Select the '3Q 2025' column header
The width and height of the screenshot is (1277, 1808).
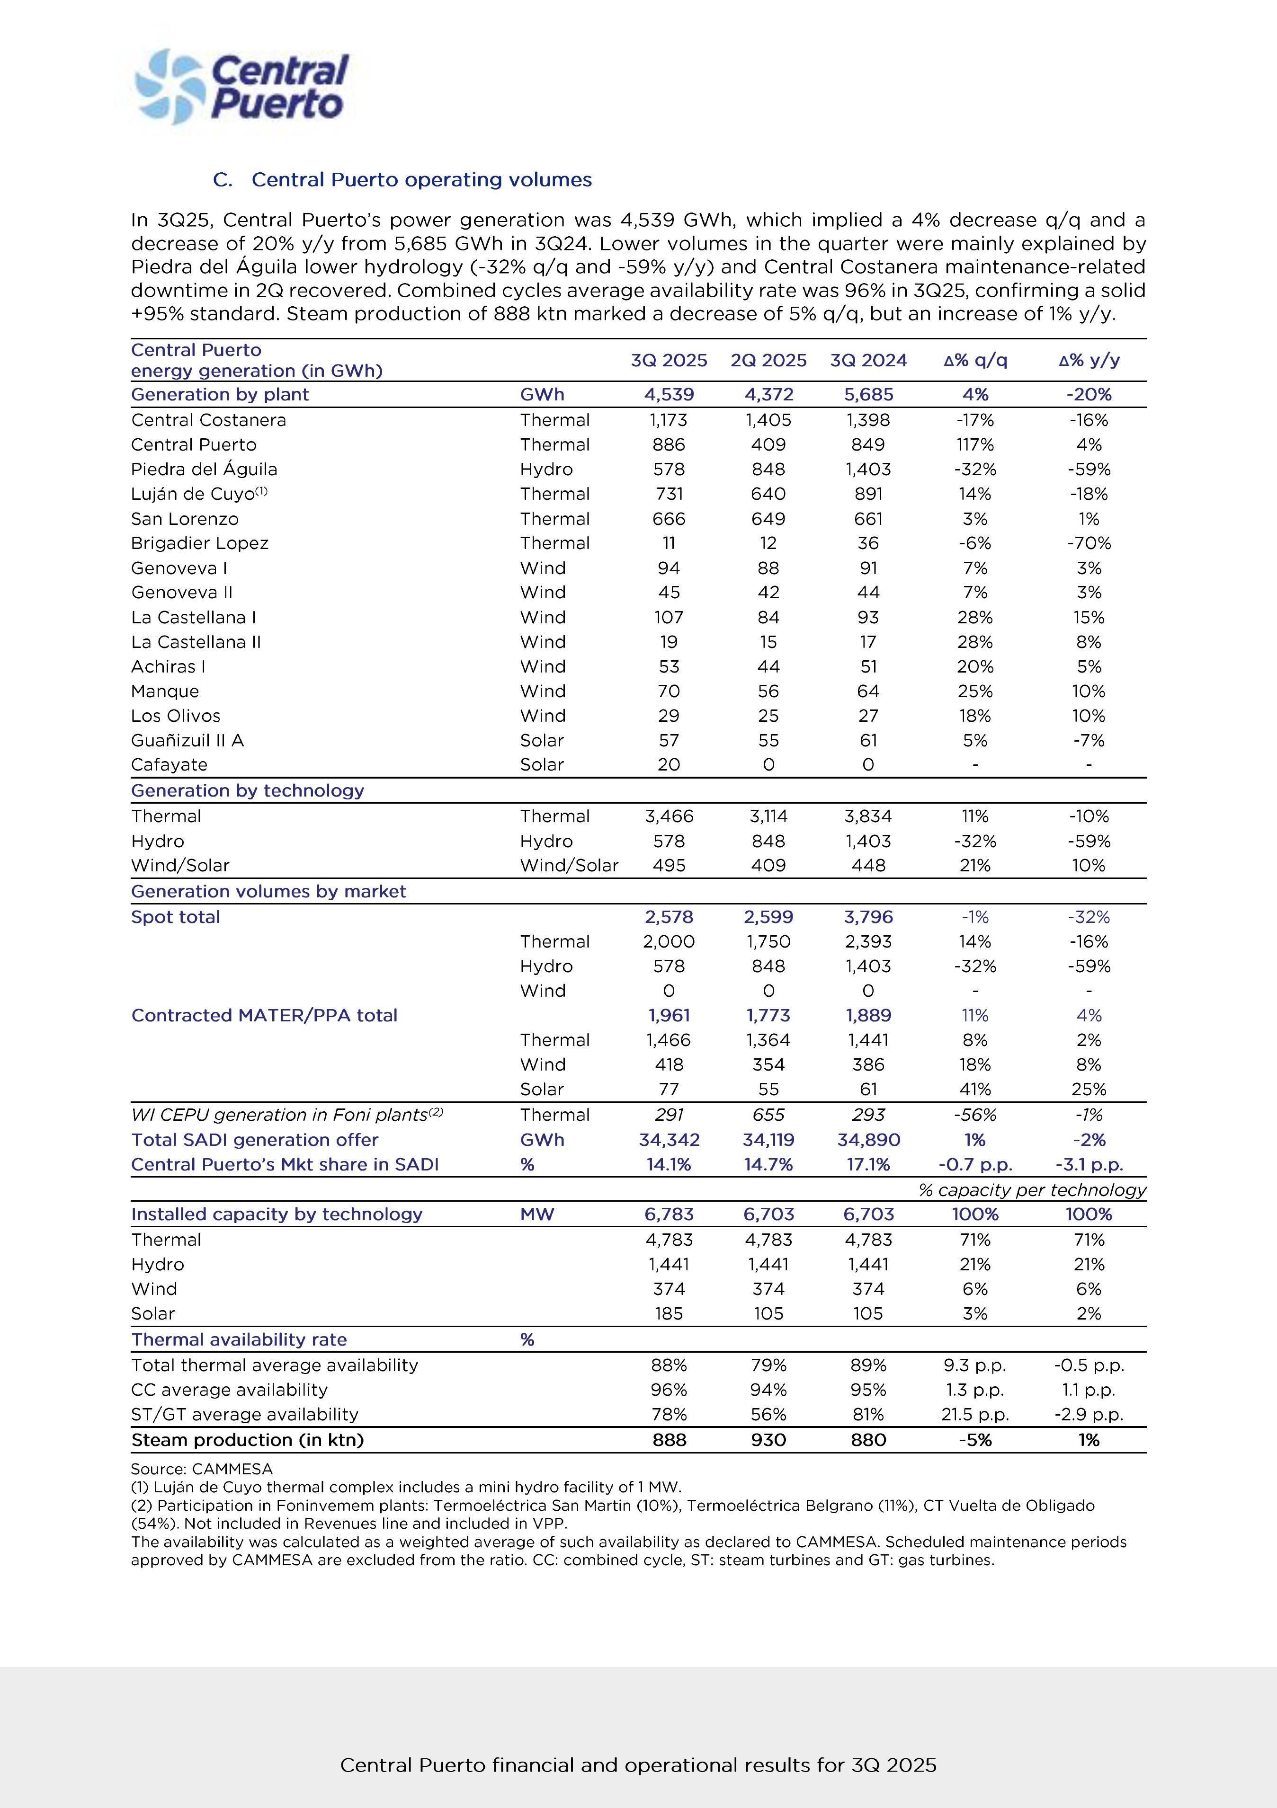click(x=669, y=361)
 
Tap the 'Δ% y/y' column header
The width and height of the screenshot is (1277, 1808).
click(x=1089, y=361)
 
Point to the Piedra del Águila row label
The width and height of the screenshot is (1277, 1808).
click(x=204, y=470)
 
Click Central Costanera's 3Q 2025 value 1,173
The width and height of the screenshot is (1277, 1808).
click(x=669, y=420)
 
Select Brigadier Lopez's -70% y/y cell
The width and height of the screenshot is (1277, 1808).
click(x=1089, y=543)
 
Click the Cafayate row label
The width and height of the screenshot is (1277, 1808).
click(x=170, y=765)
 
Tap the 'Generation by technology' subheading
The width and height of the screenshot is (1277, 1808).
click(x=247, y=790)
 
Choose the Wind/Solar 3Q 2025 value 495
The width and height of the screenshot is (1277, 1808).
click(x=669, y=865)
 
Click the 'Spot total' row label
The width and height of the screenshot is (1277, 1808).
click(x=176, y=917)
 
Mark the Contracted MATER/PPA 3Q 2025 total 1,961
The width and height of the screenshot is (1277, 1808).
click(x=669, y=1015)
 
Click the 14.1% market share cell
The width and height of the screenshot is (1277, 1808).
click(x=669, y=1165)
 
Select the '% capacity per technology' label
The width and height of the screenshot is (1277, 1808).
click(x=1032, y=1190)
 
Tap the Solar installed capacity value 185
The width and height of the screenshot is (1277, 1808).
click(x=669, y=1313)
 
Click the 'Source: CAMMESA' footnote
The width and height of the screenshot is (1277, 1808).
click(x=202, y=1469)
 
